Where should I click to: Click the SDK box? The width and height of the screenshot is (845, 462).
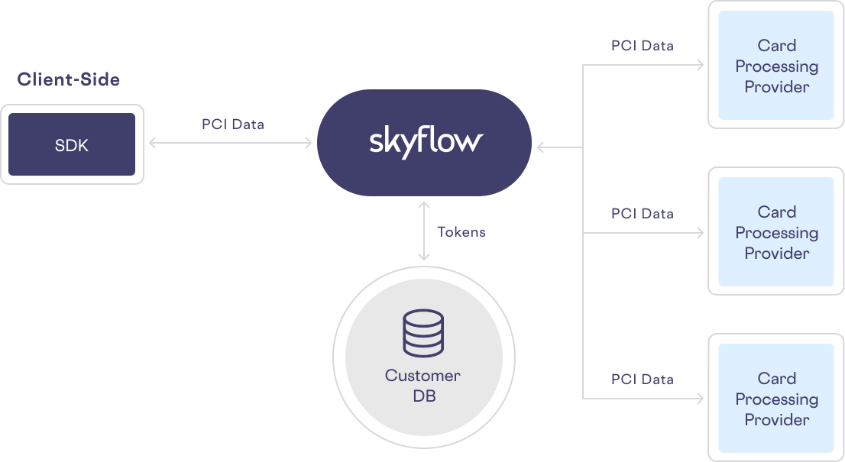click(72, 145)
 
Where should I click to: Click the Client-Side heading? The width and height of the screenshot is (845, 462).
click(69, 79)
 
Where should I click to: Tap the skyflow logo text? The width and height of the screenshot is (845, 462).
click(426, 141)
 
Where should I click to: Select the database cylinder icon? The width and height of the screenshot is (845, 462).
click(423, 333)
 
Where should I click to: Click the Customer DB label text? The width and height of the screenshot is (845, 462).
click(423, 386)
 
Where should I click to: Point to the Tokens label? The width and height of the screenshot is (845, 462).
click(461, 231)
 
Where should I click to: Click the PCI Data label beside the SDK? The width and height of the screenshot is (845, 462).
click(232, 124)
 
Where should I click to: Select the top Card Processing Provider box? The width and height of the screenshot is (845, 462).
click(776, 66)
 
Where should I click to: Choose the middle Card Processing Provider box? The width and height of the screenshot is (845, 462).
click(776, 232)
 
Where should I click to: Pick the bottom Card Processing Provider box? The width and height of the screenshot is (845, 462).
click(776, 399)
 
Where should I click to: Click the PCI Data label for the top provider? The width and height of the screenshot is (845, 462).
click(642, 46)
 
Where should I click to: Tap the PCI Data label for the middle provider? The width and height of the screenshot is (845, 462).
click(642, 214)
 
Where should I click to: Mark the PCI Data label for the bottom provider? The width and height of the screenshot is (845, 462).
click(642, 380)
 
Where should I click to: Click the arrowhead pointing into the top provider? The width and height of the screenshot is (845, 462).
click(699, 66)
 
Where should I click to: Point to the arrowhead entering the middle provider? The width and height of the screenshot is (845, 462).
click(699, 233)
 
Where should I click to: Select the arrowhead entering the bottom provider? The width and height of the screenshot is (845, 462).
click(699, 399)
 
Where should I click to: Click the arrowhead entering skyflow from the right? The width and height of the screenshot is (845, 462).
click(540, 147)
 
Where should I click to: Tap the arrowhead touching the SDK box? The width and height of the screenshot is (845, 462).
click(153, 142)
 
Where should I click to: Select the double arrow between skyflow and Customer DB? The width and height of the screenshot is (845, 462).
click(422, 231)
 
